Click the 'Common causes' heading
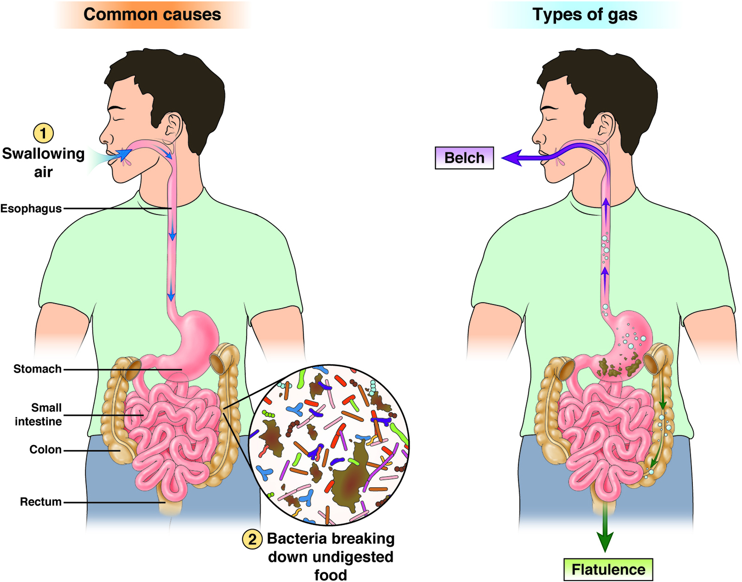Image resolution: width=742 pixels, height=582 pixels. (152, 14)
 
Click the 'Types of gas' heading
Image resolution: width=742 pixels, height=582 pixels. (585, 14)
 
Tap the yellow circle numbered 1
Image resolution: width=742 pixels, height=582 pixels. (43, 133)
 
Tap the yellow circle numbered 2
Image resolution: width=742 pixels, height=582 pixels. (252, 539)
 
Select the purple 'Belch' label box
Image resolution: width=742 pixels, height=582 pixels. (464, 158)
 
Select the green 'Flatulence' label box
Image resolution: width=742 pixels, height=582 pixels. (608, 569)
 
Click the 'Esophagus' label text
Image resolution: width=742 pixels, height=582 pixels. (31, 209)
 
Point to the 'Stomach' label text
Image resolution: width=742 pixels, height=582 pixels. (38, 369)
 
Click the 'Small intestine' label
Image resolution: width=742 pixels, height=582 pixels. (39, 414)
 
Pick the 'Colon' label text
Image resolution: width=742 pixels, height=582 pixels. (45, 450)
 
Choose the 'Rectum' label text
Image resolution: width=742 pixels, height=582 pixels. (41, 502)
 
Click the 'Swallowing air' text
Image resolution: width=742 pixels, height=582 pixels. (43, 162)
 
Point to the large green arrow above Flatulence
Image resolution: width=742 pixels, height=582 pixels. (605, 534)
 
